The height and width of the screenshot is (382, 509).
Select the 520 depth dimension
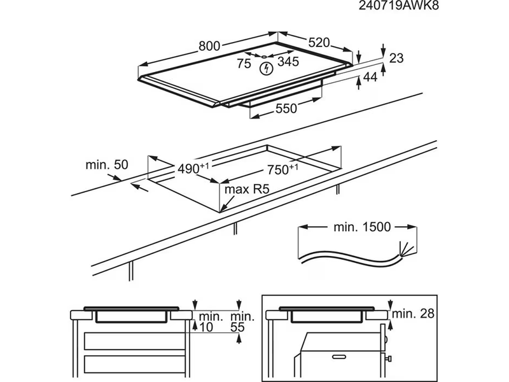[x=319, y=43]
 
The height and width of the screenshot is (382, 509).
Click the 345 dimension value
[x=288, y=62]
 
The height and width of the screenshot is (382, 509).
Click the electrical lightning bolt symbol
[x=265, y=66]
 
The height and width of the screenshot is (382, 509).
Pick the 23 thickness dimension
[x=396, y=59]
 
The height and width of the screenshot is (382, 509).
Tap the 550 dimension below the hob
[x=286, y=109]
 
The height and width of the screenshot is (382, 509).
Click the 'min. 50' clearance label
[x=107, y=165]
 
